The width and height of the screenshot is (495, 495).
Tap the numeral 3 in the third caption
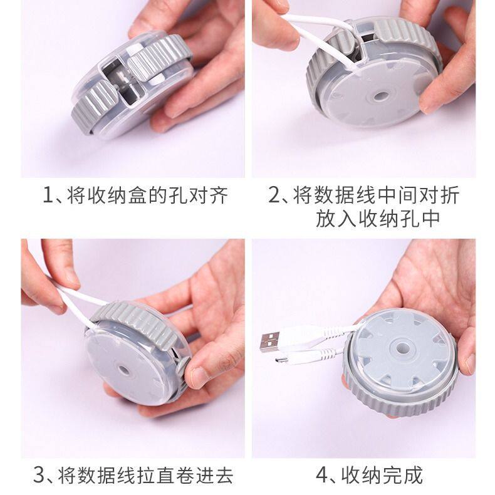(39, 475)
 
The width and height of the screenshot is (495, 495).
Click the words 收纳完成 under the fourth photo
(383, 475)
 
